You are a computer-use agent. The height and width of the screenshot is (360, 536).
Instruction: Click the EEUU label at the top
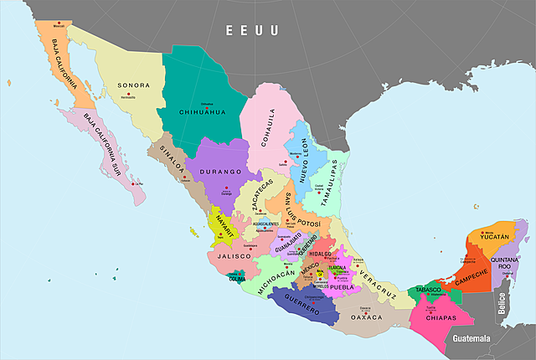[x=251, y=31]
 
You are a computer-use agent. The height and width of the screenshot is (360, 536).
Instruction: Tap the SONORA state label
[x=133, y=85]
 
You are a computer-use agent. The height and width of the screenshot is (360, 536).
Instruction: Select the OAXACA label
[x=365, y=317]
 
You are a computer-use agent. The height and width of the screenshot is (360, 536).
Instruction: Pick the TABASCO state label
[x=425, y=290]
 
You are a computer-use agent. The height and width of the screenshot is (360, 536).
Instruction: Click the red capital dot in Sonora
[x=128, y=94]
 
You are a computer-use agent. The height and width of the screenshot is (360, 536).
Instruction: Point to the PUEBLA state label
[x=343, y=287]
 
